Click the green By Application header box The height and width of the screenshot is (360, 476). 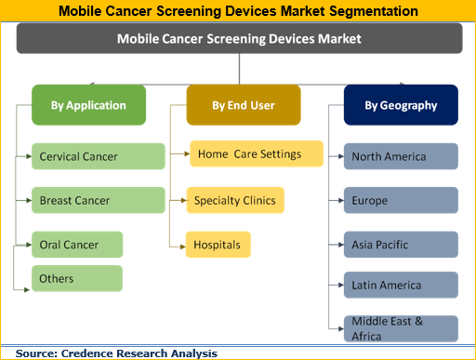click(88, 105)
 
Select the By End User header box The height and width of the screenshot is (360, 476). click(243, 105)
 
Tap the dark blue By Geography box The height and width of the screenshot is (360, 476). click(402, 105)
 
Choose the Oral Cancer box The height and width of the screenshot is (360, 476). click(77, 245)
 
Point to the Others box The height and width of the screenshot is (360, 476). click(77, 278)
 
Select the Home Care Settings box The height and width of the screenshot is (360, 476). click(257, 154)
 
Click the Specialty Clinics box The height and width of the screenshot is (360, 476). click(234, 199)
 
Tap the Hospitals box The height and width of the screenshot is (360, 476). click(218, 245)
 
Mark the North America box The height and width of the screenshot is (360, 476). click(401, 156)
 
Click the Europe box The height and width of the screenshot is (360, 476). click(401, 200)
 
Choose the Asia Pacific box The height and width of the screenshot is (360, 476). click(401, 245)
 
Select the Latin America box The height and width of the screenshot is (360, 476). click(401, 285)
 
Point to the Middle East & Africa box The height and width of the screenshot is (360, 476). click(401, 327)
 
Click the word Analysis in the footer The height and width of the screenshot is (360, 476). click(191, 353)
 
